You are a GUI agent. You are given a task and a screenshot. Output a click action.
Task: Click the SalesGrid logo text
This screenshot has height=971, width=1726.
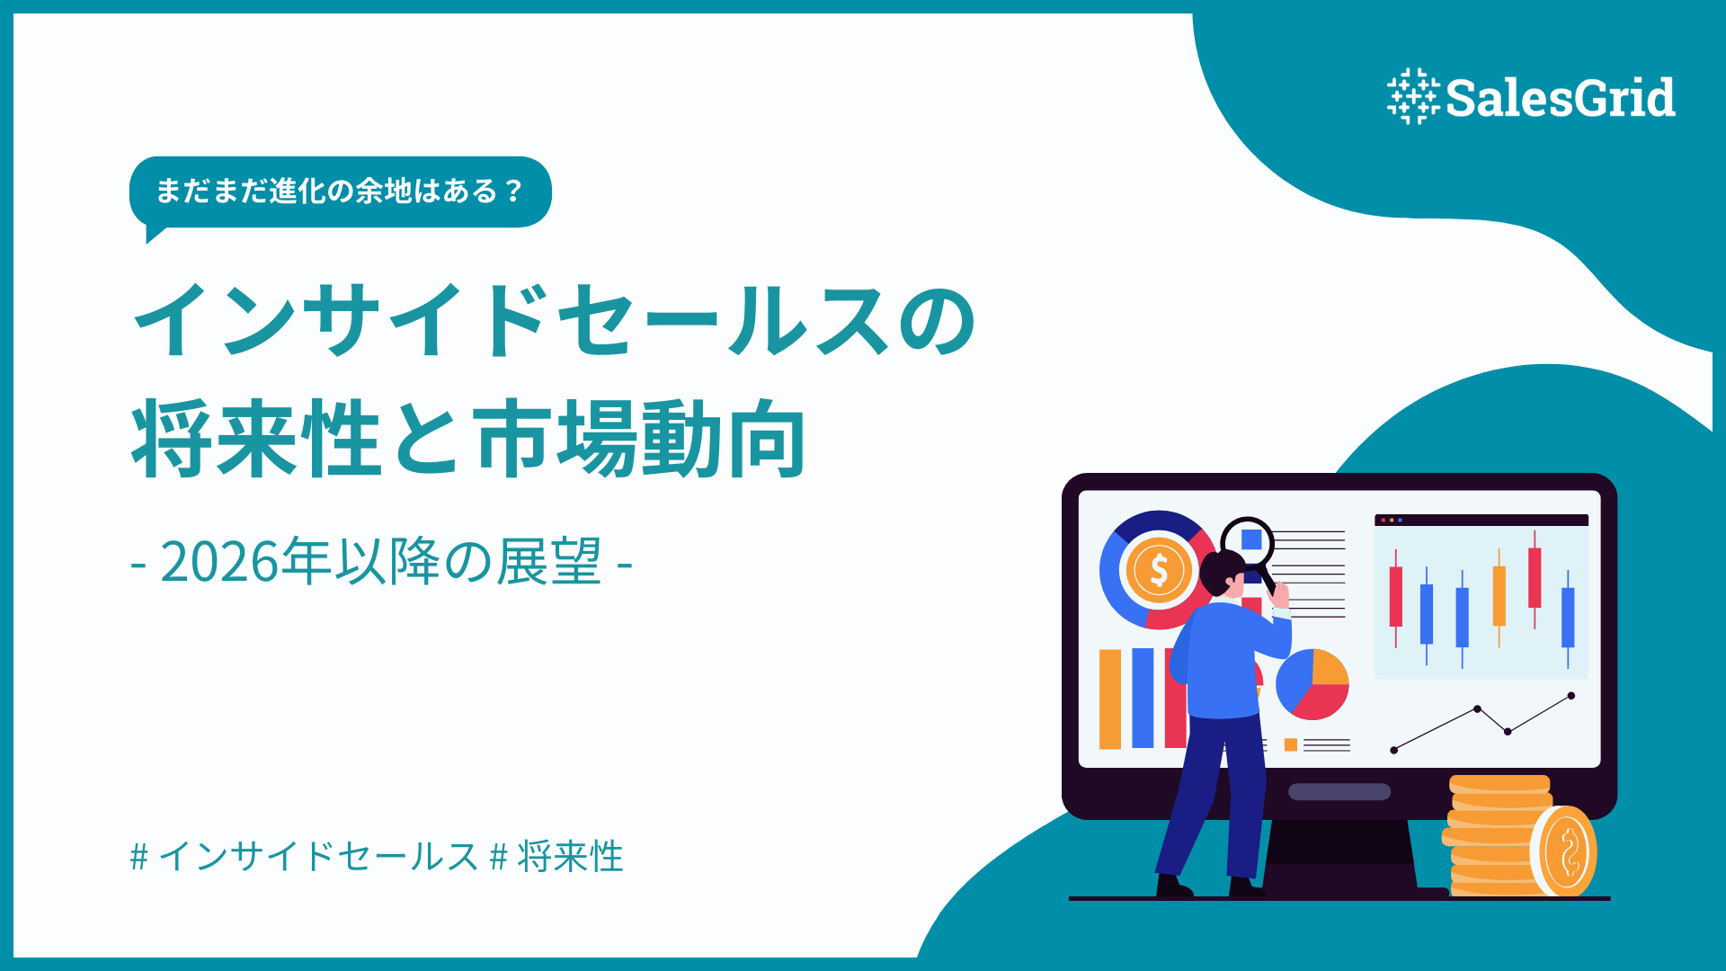tap(1560, 97)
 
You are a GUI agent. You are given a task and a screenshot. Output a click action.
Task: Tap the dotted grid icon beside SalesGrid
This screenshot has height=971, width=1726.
tap(1412, 96)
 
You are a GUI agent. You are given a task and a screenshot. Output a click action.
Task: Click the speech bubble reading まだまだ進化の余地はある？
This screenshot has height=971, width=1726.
tap(340, 192)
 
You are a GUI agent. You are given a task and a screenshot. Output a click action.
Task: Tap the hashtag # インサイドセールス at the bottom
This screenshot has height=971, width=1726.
tap(304, 856)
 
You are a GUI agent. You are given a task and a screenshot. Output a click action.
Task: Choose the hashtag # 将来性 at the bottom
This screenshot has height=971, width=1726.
tap(557, 856)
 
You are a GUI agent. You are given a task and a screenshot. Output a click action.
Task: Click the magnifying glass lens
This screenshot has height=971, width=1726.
tap(1248, 541)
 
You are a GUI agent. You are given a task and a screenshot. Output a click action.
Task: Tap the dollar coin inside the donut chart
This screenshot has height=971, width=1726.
tap(1159, 570)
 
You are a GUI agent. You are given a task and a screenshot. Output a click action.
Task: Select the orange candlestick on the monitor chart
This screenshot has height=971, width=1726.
tap(1499, 595)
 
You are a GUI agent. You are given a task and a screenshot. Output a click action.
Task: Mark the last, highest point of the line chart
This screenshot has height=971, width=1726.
tap(1571, 696)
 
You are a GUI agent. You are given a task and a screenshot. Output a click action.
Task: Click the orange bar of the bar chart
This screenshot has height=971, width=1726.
tap(1110, 699)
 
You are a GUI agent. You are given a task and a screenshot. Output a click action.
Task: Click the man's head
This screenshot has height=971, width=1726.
tap(1223, 573)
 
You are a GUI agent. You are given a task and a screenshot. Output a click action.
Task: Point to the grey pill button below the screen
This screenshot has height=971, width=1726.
tap(1339, 792)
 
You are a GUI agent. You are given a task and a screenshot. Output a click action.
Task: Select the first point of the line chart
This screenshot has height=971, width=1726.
tap(1394, 750)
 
